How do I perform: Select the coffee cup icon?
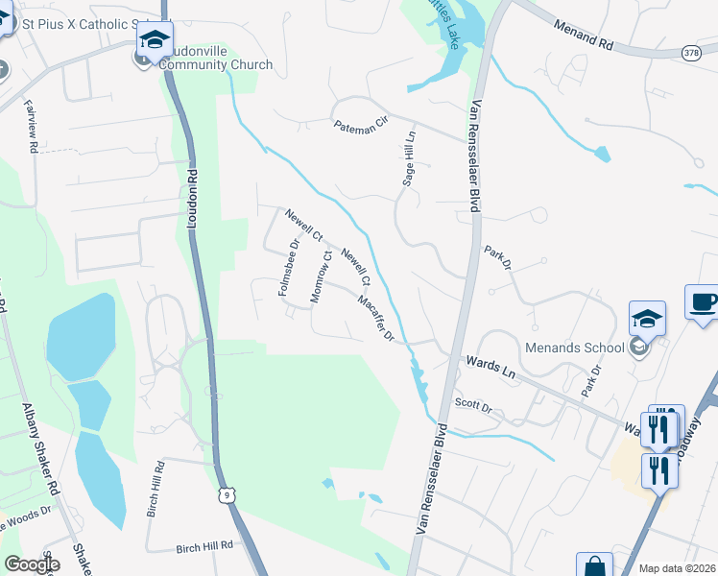pyautogui.click(x=704, y=301)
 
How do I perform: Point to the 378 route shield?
pyautogui.click(x=692, y=54)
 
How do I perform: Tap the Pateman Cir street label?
pyautogui.click(x=360, y=125)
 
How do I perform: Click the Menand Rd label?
pyautogui.click(x=583, y=30)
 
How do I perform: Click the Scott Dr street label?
pyautogui.click(x=473, y=406)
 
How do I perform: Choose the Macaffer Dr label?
pyautogui.click(x=376, y=318)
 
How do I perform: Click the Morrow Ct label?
pyautogui.click(x=320, y=277)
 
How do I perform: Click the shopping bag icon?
pyautogui.click(x=594, y=566)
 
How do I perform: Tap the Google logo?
pyautogui.click(x=32, y=564)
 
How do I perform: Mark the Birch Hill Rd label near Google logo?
pyautogui.click(x=204, y=545)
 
